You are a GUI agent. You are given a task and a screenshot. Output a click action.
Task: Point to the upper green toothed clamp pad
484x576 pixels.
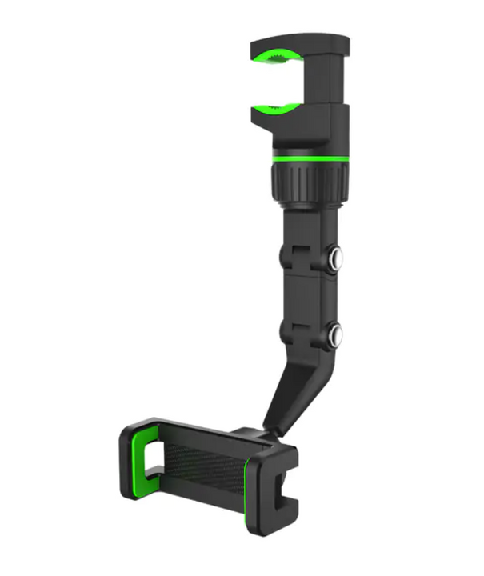coord(279,55)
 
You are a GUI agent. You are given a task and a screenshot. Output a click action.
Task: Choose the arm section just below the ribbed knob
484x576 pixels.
coord(308,224)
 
